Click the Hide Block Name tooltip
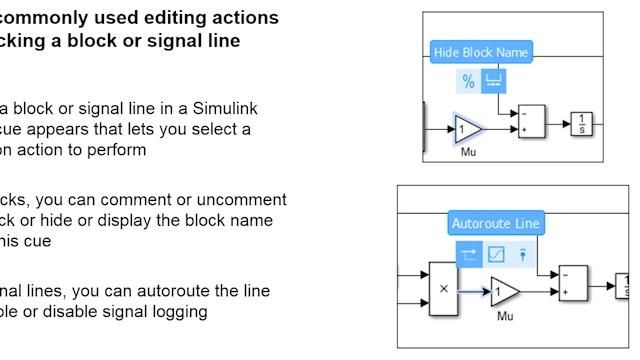(481, 52)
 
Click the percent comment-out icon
(468, 80)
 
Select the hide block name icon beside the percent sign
(493, 80)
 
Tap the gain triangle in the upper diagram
(467, 129)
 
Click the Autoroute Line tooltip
(495, 223)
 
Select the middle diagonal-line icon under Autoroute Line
(496, 254)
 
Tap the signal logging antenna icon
(522, 254)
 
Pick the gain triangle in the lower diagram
(506, 292)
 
